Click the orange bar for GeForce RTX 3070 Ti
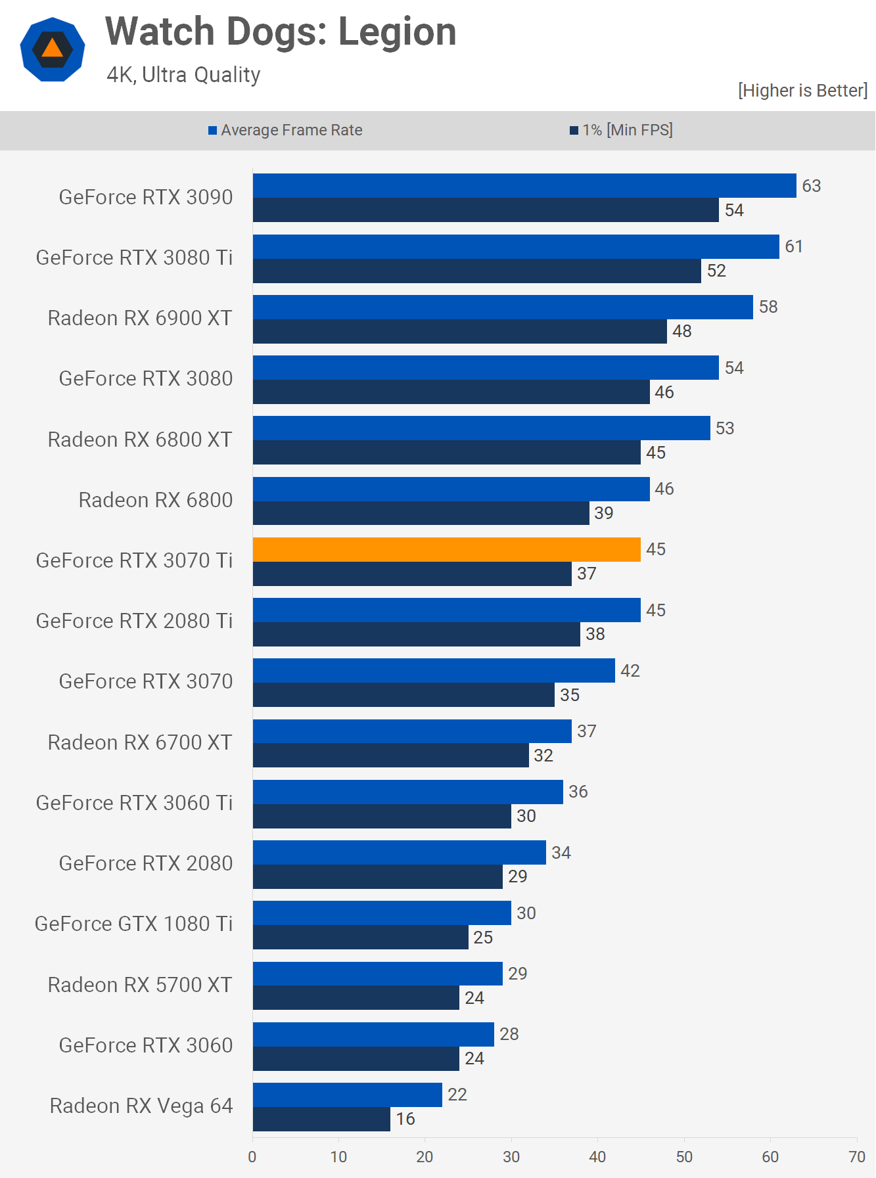point(447,549)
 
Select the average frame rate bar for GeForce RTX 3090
point(524,185)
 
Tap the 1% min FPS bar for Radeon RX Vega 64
point(322,1119)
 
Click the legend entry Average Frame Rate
point(285,130)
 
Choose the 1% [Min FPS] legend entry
point(622,130)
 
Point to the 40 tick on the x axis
point(597,1157)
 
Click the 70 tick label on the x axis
point(857,1157)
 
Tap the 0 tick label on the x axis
point(252,1157)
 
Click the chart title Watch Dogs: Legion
point(281,32)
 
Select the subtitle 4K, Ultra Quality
point(183,75)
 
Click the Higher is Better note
point(802,91)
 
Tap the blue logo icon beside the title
point(53,49)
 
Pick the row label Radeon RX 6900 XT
point(140,318)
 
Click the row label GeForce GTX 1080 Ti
point(134,924)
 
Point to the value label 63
point(812,186)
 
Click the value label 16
point(405,1119)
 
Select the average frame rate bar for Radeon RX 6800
point(451,489)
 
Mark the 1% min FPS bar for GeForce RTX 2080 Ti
point(417,634)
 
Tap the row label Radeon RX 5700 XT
point(140,985)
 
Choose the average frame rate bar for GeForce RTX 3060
point(373,1034)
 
